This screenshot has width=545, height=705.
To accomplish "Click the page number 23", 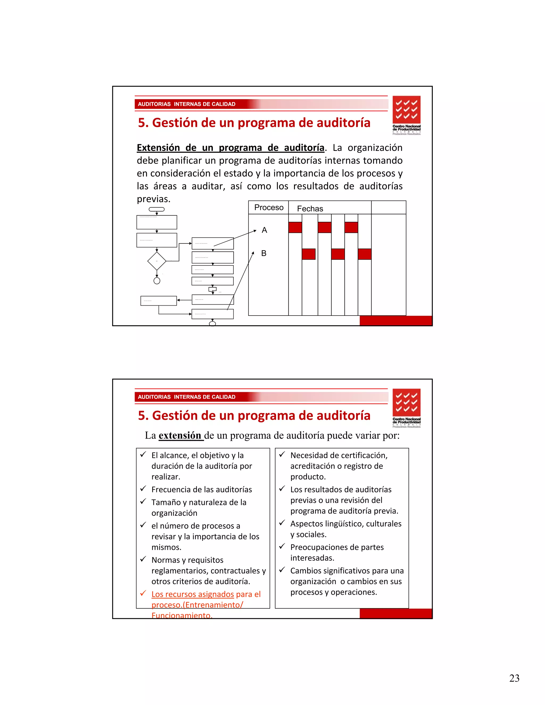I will (x=514, y=678).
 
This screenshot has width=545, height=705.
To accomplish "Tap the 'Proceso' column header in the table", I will (x=269, y=208).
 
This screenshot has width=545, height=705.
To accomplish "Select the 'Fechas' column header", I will (x=310, y=209).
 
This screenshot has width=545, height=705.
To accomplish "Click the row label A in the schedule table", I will (x=265, y=230).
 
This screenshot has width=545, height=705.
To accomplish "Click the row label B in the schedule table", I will (x=264, y=253).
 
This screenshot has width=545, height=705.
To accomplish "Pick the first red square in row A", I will (x=295, y=227).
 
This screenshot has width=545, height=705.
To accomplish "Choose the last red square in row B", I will (x=365, y=254).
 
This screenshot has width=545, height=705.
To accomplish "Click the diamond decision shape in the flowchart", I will (x=156, y=261).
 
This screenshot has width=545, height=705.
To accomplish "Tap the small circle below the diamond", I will (x=157, y=281).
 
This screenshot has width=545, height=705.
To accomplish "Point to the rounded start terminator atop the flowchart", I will (x=156, y=209).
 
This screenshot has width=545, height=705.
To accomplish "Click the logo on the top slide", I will (x=407, y=115).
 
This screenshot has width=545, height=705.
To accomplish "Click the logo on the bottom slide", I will (x=407, y=408).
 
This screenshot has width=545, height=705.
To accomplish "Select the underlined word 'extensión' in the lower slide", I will (x=180, y=436).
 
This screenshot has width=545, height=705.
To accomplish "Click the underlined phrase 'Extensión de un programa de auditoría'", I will (x=230, y=148).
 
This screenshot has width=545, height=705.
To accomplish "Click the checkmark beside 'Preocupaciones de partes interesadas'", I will (x=282, y=546).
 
